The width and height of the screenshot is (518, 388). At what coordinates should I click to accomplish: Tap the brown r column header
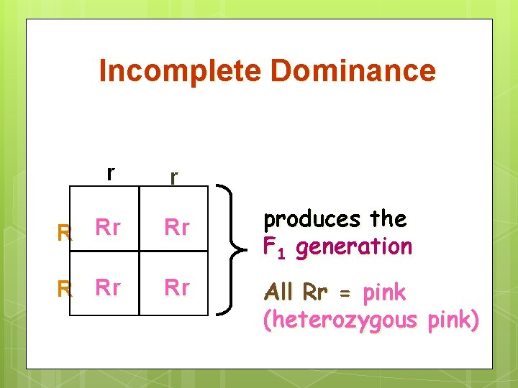174,176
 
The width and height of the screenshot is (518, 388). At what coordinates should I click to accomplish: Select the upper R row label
65,232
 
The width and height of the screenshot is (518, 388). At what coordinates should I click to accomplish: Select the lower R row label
65,289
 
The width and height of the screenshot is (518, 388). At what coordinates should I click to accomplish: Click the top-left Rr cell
108,228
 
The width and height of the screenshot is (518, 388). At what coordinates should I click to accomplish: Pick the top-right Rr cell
177,228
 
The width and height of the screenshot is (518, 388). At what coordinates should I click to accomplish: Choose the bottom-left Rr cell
108,287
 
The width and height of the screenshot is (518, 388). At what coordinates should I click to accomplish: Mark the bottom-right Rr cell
177,287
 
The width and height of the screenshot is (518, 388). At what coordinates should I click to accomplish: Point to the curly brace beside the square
230,250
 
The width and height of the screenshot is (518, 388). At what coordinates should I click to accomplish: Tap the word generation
354,247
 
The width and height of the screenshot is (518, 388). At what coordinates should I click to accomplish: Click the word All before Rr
280,292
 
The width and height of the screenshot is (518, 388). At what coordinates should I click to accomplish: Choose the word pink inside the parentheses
451,320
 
